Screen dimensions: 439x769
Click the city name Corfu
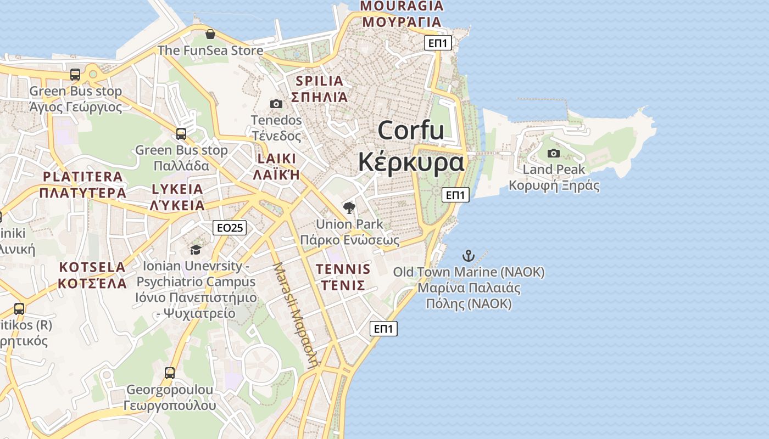point(411,131)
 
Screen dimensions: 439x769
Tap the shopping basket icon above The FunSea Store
point(210,35)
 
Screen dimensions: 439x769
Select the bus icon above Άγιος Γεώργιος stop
point(75,75)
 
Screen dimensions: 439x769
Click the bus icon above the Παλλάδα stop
point(181,134)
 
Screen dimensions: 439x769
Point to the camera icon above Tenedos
point(276,104)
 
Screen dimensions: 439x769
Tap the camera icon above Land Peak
point(554,153)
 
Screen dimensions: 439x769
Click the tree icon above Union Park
point(349,207)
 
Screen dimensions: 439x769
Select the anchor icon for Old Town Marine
point(468,255)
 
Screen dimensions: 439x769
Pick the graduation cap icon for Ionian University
point(196,250)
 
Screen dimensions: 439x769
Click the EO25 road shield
point(230,228)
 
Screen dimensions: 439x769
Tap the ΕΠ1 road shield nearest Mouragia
point(438,43)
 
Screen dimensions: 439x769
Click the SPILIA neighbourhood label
point(319,81)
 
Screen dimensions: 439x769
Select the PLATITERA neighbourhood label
point(83,177)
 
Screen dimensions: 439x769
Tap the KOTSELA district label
point(92,267)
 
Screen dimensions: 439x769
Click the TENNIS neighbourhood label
point(343,269)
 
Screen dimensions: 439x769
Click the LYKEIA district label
point(177,189)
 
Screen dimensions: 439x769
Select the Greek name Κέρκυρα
point(411,162)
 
